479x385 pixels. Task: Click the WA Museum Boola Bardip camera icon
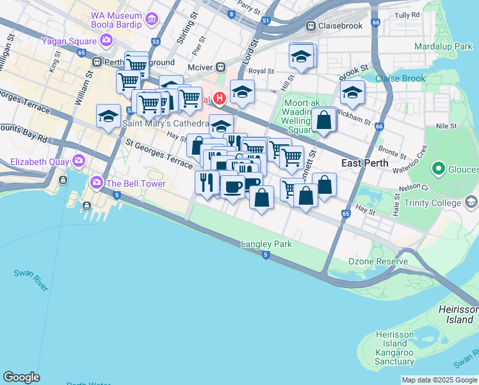(152, 18)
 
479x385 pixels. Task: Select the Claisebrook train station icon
(311, 26)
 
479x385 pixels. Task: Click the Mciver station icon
(220, 66)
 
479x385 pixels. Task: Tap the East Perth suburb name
(364, 162)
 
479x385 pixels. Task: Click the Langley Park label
(266, 244)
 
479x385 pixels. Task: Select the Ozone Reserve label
(377, 261)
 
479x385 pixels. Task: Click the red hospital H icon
(220, 98)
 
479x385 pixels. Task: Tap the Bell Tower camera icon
(97, 184)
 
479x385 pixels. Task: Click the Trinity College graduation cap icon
(471, 203)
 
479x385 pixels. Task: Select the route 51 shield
(265, 21)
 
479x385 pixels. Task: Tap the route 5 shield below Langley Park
(265, 255)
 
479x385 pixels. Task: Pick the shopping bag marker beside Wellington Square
(324, 119)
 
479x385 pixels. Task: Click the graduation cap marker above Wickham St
(352, 93)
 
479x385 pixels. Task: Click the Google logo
(21, 377)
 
